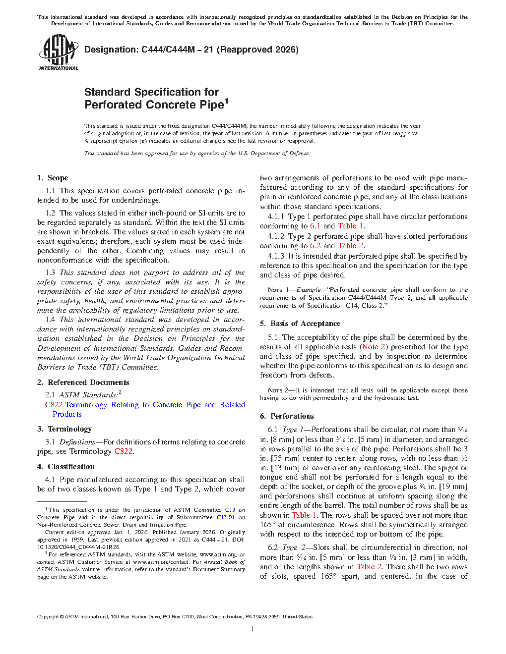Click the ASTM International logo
(58, 53)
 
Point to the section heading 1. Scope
(53, 178)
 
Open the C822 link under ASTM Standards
(54, 405)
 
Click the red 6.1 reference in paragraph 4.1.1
(315, 226)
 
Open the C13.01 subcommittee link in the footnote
(225, 517)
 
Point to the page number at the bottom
(253, 629)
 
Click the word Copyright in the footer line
(48, 617)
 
